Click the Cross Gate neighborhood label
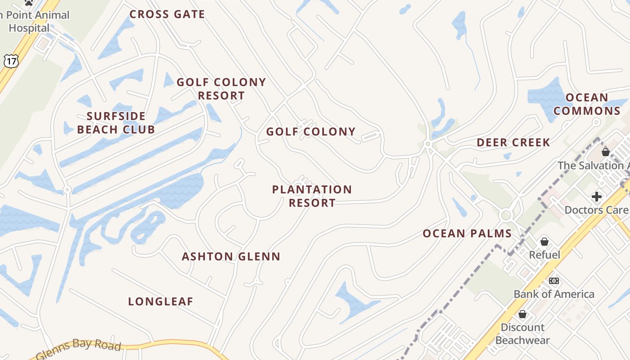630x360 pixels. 167,14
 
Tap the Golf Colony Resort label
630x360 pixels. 221,89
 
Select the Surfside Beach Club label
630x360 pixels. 116,123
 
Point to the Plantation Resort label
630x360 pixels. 312,196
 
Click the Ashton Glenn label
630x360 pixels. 231,256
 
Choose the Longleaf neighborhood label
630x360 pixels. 161,301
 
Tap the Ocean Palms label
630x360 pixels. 467,234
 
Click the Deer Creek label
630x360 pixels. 513,143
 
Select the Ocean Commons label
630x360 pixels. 587,104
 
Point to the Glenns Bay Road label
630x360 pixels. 79,349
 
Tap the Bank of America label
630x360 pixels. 554,294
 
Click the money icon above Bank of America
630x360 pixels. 554,281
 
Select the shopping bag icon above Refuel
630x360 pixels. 544,242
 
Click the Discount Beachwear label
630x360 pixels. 522,333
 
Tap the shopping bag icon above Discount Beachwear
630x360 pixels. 522,314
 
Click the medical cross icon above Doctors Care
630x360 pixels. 597,197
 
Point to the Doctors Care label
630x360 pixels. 597,210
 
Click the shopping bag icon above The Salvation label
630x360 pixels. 606,152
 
